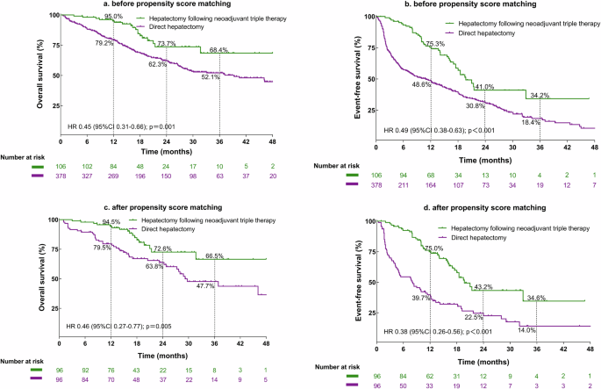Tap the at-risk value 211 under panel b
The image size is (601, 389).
[x=404, y=185]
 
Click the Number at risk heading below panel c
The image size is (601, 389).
[x=26, y=360]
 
